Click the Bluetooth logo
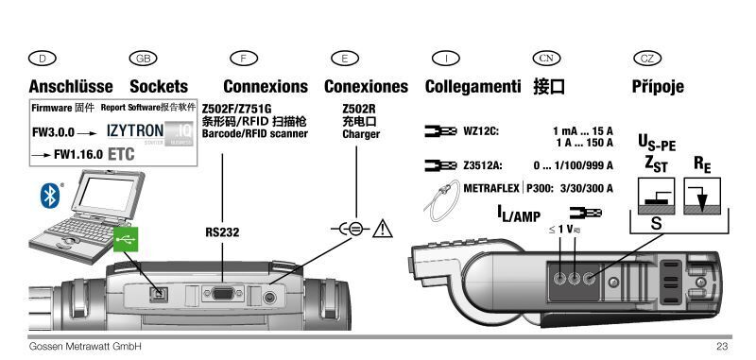pyautogui.click(x=50, y=196)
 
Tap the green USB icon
pyautogui.click(x=127, y=239)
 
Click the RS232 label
pyautogui.click(x=222, y=232)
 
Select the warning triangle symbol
pyautogui.click(x=383, y=229)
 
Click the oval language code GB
pyautogui.click(x=144, y=59)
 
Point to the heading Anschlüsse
pyautogui.click(x=71, y=87)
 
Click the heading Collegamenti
pyautogui.click(x=473, y=87)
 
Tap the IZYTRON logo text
pyautogui.click(x=135, y=130)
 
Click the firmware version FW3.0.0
pyautogui.click(x=53, y=132)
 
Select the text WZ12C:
pyautogui.click(x=481, y=131)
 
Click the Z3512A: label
pyautogui.click(x=483, y=165)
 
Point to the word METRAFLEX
pyautogui.click(x=491, y=188)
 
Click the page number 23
pyautogui.click(x=722, y=346)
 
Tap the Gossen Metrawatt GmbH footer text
pyautogui.click(x=85, y=346)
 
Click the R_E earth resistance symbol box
pyautogui.click(x=702, y=197)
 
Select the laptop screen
pyautogui.click(x=105, y=192)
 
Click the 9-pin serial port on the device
pyautogui.click(x=222, y=293)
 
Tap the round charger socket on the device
pyautogui.click(x=269, y=299)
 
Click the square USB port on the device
pyautogui.click(x=158, y=294)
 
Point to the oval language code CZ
pyautogui.click(x=647, y=59)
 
